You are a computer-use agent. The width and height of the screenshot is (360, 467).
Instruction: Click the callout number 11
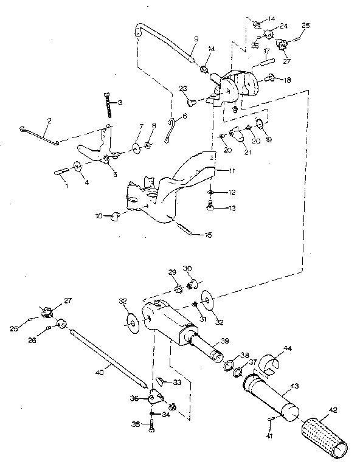224,172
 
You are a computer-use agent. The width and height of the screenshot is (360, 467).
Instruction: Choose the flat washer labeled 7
134,147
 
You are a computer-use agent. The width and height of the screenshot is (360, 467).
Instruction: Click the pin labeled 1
62,171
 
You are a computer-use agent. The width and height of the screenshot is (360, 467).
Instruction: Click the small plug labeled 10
114,216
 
